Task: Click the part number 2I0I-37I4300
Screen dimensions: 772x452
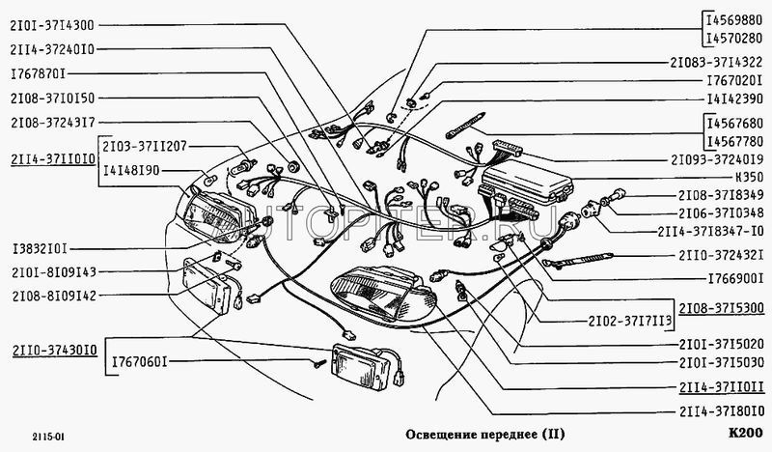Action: (x=52, y=25)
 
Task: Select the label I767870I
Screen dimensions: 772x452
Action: (x=38, y=74)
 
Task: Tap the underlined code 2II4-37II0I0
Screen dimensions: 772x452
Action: (x=53, y=159)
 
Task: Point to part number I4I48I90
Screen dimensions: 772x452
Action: (x=131, y=171)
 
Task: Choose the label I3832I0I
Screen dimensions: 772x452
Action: (x=40, y=248)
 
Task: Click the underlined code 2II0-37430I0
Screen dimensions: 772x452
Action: (x=55, y=351)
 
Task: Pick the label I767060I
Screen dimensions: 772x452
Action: (x=140, y=362)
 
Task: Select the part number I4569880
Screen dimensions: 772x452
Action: (x=734, y=20)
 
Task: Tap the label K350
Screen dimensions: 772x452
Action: (x=749, y=177)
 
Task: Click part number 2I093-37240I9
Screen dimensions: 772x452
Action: (x=717, y=159)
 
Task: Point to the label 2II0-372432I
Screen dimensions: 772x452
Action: (x=721, y=255)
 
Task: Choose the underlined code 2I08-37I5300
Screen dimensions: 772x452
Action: (x=721, y=308)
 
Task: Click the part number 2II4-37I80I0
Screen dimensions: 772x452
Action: (x=721, y=411)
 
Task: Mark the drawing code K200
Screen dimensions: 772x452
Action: (x=745, y=434)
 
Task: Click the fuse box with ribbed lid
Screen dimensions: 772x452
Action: (x=526, y=184)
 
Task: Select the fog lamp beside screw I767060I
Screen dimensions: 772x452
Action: (x=368, y=365)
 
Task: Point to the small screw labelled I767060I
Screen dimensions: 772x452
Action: (x=319, y=365)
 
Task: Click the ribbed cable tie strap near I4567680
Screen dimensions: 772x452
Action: (x=465, y=125)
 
